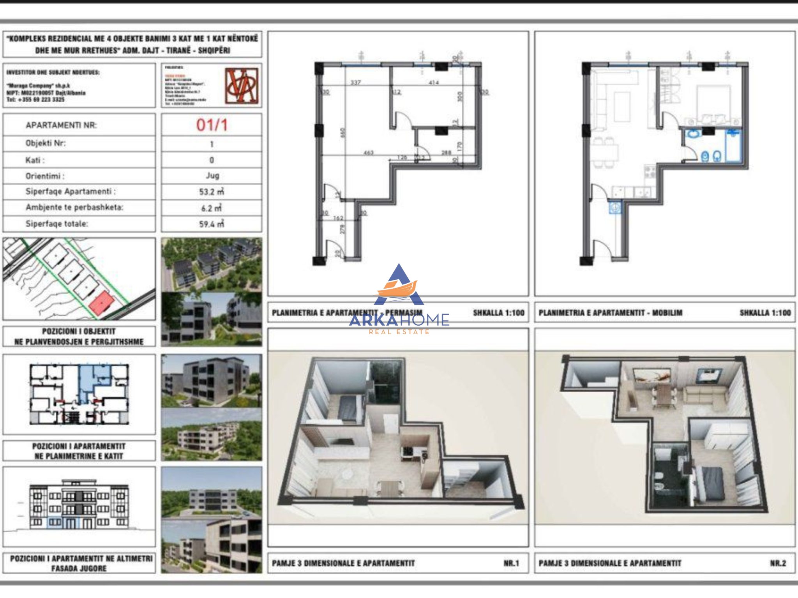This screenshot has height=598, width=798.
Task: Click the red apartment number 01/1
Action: pyautogui.click(x=212, y=125)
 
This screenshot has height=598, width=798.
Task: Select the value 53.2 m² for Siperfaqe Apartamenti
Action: pyautogui.click(x=212, y=192)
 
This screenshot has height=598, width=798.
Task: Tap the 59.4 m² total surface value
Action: pyautogui.click(x=212, y=224)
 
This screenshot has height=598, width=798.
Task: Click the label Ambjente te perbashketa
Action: pyautogui.click(x=74, y=207)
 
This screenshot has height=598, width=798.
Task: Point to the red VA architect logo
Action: pyautogui.click(x=242, y=86)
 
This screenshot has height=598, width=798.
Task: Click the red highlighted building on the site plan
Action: pyautogui.click(x=101, y=303)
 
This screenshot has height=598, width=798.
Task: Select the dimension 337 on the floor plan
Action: pyautogui.click(x=355, y=83)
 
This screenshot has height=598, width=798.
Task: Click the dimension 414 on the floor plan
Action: pyautogui.click(x=434, y=83)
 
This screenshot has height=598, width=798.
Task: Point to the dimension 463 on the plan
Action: pyautogui.click(x=368, y=153)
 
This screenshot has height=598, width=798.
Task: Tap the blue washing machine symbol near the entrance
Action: pyautogui.click(x=615, y=207)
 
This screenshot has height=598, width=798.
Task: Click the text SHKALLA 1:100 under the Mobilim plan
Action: pyautogui.click(x=765, y=313)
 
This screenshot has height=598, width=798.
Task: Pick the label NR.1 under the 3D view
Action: pyautogui.click(x=511, y=563)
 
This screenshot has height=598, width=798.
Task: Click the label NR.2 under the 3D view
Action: pyautogui.click(x=778, y=563)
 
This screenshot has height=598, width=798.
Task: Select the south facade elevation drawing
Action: pyautogui.click(x=79, y=505)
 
